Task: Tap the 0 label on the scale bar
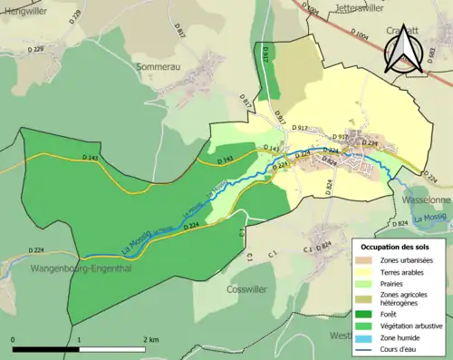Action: (x=14, y=339)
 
